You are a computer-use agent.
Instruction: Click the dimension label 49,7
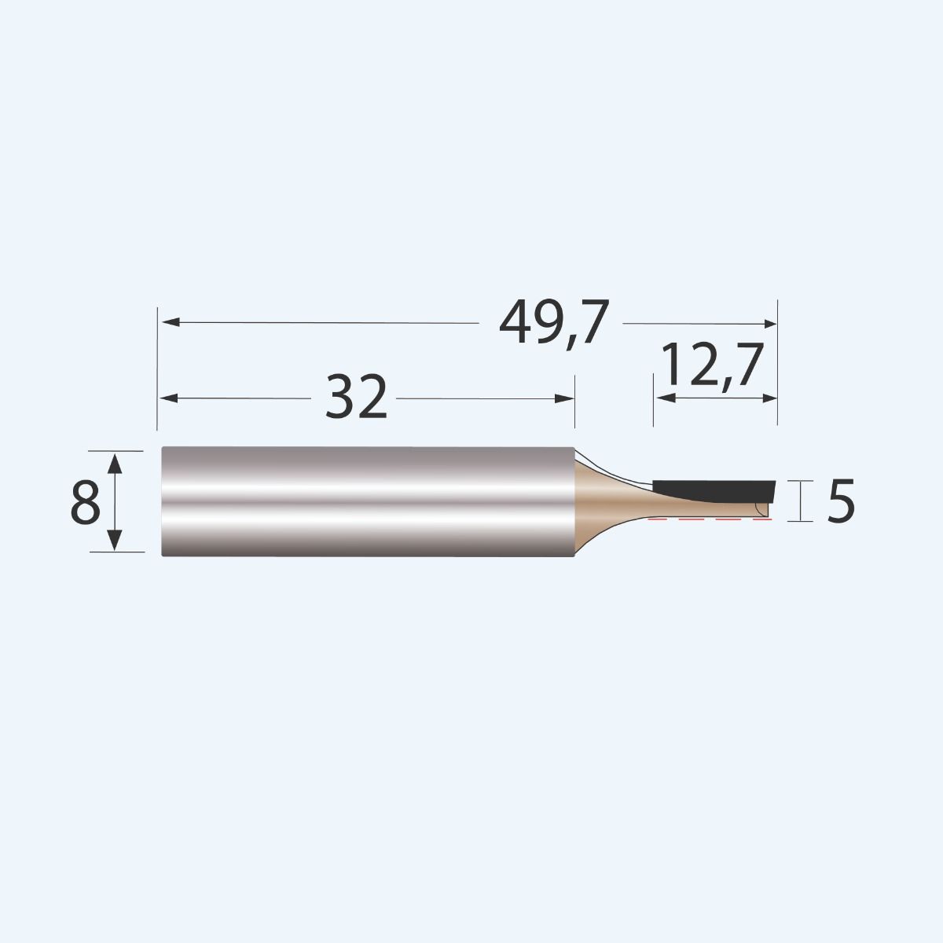click(554, 323)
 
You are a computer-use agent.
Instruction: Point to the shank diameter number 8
click(85, 502)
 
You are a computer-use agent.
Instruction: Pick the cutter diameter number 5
click(840, 502)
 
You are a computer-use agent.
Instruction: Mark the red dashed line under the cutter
click(707, 520)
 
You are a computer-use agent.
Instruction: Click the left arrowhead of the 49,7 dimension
click(169, 322)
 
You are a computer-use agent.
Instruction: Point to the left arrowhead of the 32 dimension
click(169, 398)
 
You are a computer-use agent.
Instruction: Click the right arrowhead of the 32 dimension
click(567, 398)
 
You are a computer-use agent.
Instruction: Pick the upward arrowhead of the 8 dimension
click(115, 462)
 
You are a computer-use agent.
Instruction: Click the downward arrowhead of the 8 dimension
click(115, 541)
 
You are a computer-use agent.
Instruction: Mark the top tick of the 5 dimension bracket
click(800, 481)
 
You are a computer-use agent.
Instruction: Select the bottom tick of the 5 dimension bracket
click(800, 520)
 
